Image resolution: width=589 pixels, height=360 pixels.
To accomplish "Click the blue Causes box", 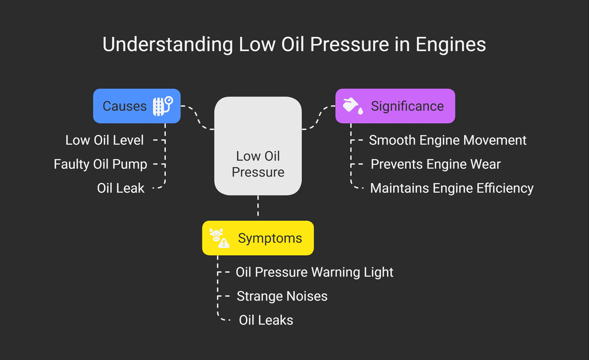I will click(137, 106).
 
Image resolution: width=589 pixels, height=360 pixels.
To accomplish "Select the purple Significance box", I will click(395, 106).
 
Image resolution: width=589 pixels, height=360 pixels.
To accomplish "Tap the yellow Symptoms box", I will click(258, 238).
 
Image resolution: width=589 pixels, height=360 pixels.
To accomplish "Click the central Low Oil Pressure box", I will click(258, 146).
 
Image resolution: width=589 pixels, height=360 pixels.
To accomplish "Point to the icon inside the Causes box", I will click(163, 106).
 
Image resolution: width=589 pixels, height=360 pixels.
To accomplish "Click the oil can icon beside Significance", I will click(353, 105).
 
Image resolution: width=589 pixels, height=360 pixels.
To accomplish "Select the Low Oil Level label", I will click(104, 140).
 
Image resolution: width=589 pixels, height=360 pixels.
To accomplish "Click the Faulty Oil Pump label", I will click(100, 164).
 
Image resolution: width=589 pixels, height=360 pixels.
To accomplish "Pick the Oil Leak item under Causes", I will click(121, 188).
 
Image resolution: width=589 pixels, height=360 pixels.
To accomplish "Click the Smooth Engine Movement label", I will click(447, 140).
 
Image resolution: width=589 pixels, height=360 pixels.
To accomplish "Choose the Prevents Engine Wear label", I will click(435, 164).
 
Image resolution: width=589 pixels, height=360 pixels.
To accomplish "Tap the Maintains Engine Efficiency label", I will click(451, 188).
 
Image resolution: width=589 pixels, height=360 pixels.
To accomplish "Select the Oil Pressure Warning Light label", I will click(314, 272).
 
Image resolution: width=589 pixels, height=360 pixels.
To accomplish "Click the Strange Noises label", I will click(282, 296).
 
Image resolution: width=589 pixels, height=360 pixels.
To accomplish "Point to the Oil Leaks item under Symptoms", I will click(266, 320).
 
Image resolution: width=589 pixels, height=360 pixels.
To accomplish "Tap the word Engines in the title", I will click(450, 45).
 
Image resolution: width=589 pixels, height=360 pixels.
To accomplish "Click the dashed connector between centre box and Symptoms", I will click(258, 208).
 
